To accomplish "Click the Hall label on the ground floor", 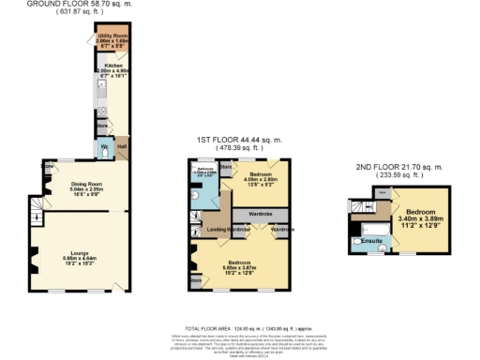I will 121,146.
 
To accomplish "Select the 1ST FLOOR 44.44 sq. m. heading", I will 239,140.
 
